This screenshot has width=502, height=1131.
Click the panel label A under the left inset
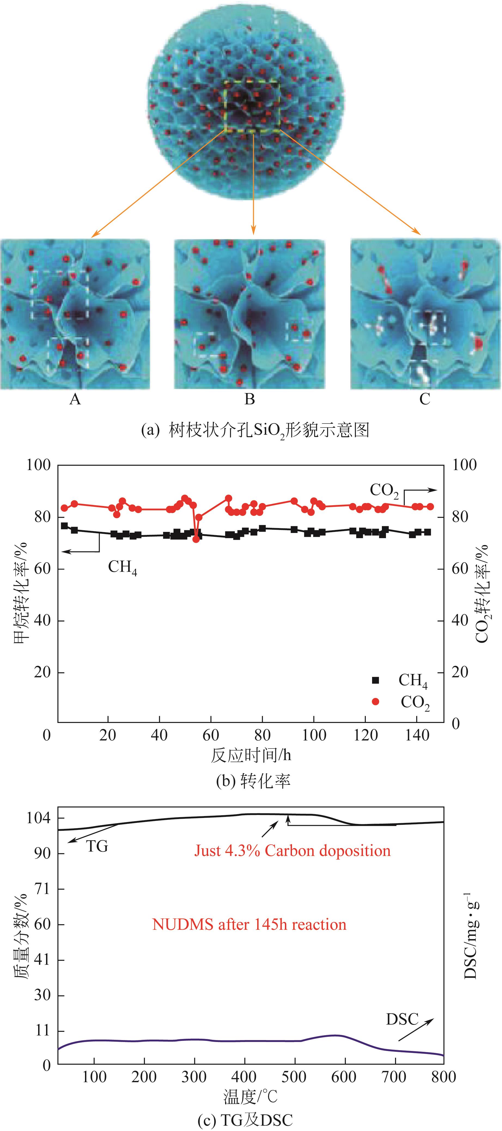[x=75, y=399]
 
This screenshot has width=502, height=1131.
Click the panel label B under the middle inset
[x=250, y=399]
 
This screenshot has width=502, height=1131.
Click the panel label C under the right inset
[x=425, y=399]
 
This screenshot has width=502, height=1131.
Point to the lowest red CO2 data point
[x=196, y=539]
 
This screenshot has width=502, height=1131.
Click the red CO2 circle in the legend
[x=376, y=702]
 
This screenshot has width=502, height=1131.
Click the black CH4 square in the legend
[x=376, y=680]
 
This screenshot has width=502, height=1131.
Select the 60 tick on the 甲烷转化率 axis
[x=42, y=569]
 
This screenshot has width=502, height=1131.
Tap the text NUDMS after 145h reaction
[x=249, y=924]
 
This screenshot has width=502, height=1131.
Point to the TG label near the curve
[x=97, y=846]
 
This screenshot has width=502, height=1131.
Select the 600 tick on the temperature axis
[x=344, y=1077]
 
